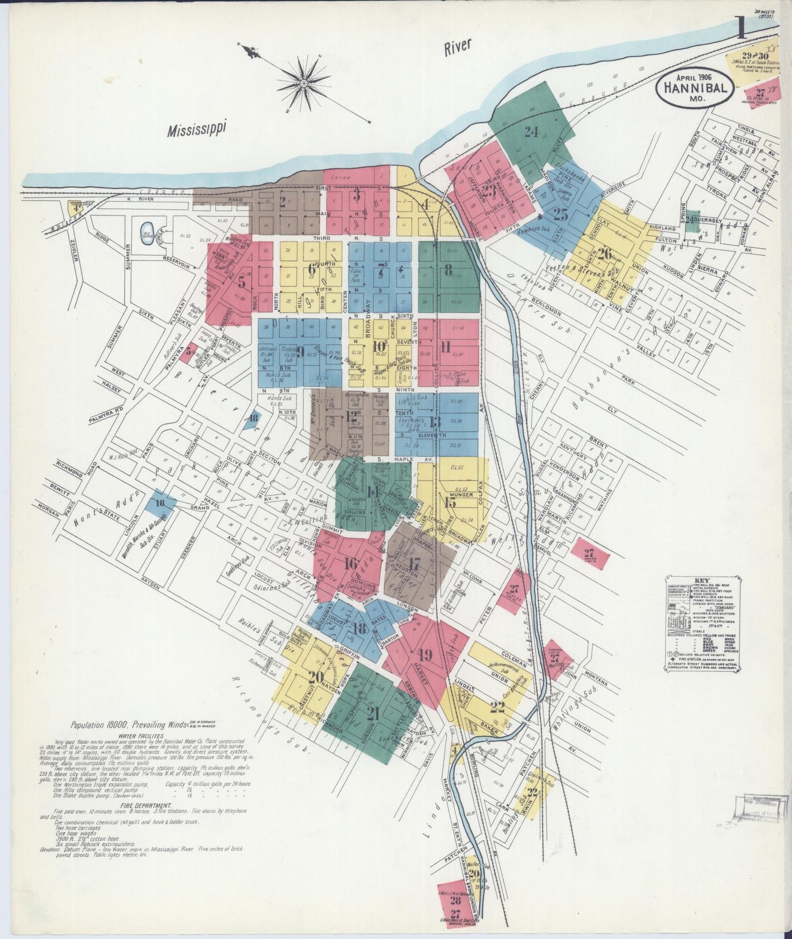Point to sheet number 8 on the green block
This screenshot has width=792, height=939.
(x=448, y=270)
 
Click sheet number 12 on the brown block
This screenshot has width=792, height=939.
(x=352, y=416)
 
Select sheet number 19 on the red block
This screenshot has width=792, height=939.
(x=425, y=654)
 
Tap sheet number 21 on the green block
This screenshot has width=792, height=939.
(x=374, y=714)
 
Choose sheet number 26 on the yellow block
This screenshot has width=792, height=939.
(x=605, y=254)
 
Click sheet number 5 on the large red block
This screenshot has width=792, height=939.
(x=241, y=283)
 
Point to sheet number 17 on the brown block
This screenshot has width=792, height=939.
(x=415, y=564)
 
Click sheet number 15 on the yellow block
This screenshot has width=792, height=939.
(x=451, y=503)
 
